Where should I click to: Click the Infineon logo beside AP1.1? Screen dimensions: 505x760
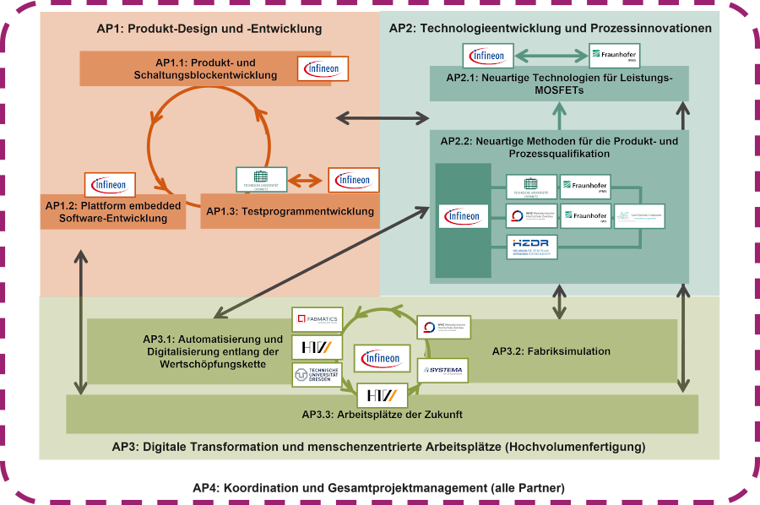(x=323, y=68)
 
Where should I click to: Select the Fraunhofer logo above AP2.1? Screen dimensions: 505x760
(x=614, y=56)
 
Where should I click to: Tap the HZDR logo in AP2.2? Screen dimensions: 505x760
(x=532, y=247)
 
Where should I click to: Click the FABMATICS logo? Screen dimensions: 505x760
(x=318, y=319)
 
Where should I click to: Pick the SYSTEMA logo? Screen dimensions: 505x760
(x=442, y=370)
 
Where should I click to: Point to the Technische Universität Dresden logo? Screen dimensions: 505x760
(x=318, y=374)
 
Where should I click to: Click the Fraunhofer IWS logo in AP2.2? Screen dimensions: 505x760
(x=585, y=215)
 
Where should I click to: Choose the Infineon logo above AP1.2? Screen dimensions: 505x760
(x=111, y=185)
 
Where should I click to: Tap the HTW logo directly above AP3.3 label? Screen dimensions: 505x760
(x=383, y=395)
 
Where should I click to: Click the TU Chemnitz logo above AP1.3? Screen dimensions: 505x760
(x=261, y=179)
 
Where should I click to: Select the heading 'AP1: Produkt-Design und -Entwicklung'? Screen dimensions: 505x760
(x=209, y=29)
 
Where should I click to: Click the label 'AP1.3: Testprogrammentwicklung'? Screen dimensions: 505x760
(x=290, y=211)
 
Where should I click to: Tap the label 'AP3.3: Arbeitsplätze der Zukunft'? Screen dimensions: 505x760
(x=383, y=415)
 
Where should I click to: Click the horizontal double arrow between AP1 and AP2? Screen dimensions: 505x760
(x=383, y=117)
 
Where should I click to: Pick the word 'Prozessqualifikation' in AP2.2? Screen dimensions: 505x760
(x=559, y=154)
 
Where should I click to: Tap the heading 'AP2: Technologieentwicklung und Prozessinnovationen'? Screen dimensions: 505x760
(x=550, y=29)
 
